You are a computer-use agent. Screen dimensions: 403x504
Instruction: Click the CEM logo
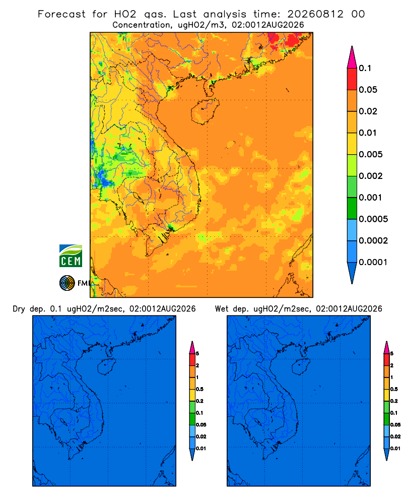click(x=71, y=256)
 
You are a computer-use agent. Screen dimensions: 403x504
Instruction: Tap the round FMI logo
click(x=67, y=283)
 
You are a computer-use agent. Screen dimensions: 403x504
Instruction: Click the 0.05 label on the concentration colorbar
click(x=368, y=90)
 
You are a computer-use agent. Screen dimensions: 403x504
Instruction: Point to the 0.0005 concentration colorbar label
click(x=373, y=219)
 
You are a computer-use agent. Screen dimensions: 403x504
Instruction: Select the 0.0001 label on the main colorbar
click(x=373, y=262)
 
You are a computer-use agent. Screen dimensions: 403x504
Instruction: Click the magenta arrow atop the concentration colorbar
click(x=352, y=57)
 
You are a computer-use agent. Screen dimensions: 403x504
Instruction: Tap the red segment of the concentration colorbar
click(x=352, y=79)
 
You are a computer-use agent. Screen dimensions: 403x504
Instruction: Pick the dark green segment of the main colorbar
click(x=352, y=208)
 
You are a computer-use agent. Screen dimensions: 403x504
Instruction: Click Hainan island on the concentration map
click(x=205, y=111)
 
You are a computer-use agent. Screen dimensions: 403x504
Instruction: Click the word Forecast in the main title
click(x=61, y=14)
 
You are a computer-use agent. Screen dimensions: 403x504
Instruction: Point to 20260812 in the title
click(x=315, y=14)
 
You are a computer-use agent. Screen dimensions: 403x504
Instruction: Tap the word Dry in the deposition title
click(x=19, y=309)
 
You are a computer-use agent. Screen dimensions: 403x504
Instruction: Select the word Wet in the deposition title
click(x=222, y=309)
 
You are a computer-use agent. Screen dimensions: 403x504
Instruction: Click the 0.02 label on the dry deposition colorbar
click(x=201, y=436)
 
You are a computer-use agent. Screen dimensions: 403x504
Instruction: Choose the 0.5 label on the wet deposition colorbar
click(x=394, y=389)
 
